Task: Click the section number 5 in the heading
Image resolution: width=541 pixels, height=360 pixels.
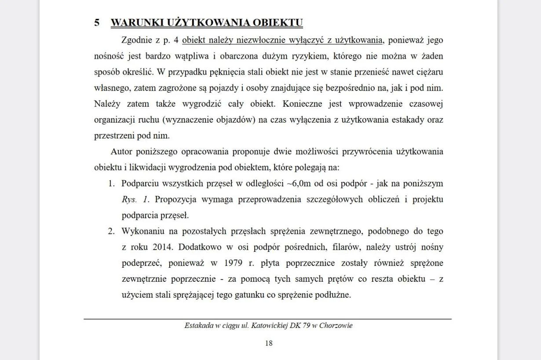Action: (97, 23)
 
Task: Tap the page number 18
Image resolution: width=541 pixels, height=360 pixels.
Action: (269, 343)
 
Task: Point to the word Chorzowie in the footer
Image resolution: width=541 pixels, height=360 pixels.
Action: (336, 326)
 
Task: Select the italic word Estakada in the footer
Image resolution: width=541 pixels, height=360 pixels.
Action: (199, 326)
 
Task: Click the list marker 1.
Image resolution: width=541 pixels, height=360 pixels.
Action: (111, 183)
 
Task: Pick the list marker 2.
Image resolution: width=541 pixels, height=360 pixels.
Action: (111, 231)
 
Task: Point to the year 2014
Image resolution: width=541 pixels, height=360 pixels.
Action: (162, 247)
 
